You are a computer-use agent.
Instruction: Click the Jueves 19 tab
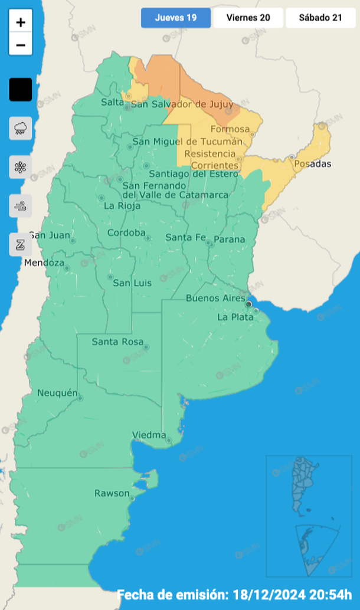(x=175, y=18)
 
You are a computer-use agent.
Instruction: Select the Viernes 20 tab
(x=248, y=18)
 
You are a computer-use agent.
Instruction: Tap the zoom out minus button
(x=21, y=45)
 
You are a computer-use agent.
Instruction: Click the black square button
(x=21, y=90)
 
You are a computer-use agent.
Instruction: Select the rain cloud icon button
(x=21, y=128)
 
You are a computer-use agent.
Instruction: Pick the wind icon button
(x=21, y=206)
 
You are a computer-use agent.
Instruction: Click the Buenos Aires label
(x=215, y=298)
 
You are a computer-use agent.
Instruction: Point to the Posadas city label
(x=312, y=163)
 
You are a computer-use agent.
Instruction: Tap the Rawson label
(x=112, y=493)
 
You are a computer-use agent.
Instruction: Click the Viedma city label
(x=149, y=435)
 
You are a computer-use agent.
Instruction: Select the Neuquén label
(x=57, y=393)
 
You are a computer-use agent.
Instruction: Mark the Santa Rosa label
(x=116, y=342)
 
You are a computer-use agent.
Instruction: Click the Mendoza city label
(x=44, y=263)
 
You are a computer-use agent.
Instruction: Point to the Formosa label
(x=226, y=129)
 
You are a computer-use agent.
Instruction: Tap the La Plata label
(x=235, y=317)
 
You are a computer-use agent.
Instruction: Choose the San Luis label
(x=132, y=283)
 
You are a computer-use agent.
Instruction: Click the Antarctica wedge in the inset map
(x=316, y=549)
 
